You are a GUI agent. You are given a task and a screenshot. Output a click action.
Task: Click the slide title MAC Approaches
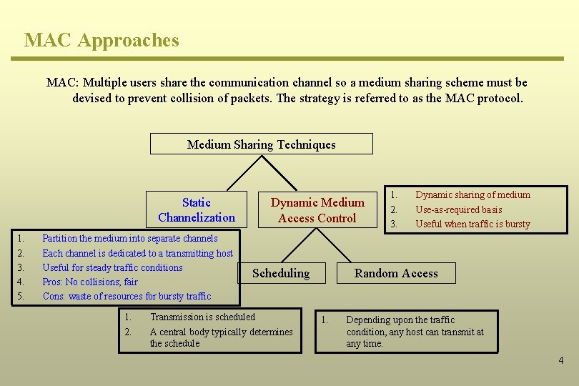tap(102, 40)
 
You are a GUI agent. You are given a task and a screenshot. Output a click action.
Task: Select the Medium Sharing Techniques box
tap(261, 144)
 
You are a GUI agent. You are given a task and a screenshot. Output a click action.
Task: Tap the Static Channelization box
tap(197, 210)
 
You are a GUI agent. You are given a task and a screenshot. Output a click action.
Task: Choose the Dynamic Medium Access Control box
tap(317, 210)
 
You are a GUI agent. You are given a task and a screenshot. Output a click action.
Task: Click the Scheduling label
tap(281, 273)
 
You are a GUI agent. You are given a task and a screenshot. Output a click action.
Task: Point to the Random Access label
tap(396, 273)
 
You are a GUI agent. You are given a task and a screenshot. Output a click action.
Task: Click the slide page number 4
tap(560, 360)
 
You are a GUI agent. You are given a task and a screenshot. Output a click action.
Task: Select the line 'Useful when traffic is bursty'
tap(472, 224)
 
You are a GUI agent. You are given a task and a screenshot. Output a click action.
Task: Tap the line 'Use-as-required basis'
tap(458, 210)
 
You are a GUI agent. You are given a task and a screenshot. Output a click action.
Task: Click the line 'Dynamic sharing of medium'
tap(472, 195)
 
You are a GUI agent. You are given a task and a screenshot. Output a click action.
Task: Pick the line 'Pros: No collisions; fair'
tap(90, 282)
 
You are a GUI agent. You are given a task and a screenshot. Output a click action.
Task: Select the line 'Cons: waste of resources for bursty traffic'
tap(127, 297)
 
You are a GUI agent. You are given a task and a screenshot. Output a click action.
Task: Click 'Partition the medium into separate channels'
tap(130, 239)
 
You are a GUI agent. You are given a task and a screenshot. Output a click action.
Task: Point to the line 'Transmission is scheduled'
tap(202, 317)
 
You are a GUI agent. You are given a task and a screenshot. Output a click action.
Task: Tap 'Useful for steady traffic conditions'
tap(112, 268)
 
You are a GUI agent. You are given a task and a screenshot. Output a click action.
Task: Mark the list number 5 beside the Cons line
tap(21, 297)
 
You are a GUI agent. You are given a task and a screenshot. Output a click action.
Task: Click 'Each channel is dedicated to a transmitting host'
tap(137, 253)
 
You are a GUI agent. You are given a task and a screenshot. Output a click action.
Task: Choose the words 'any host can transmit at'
tap(415, 332)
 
